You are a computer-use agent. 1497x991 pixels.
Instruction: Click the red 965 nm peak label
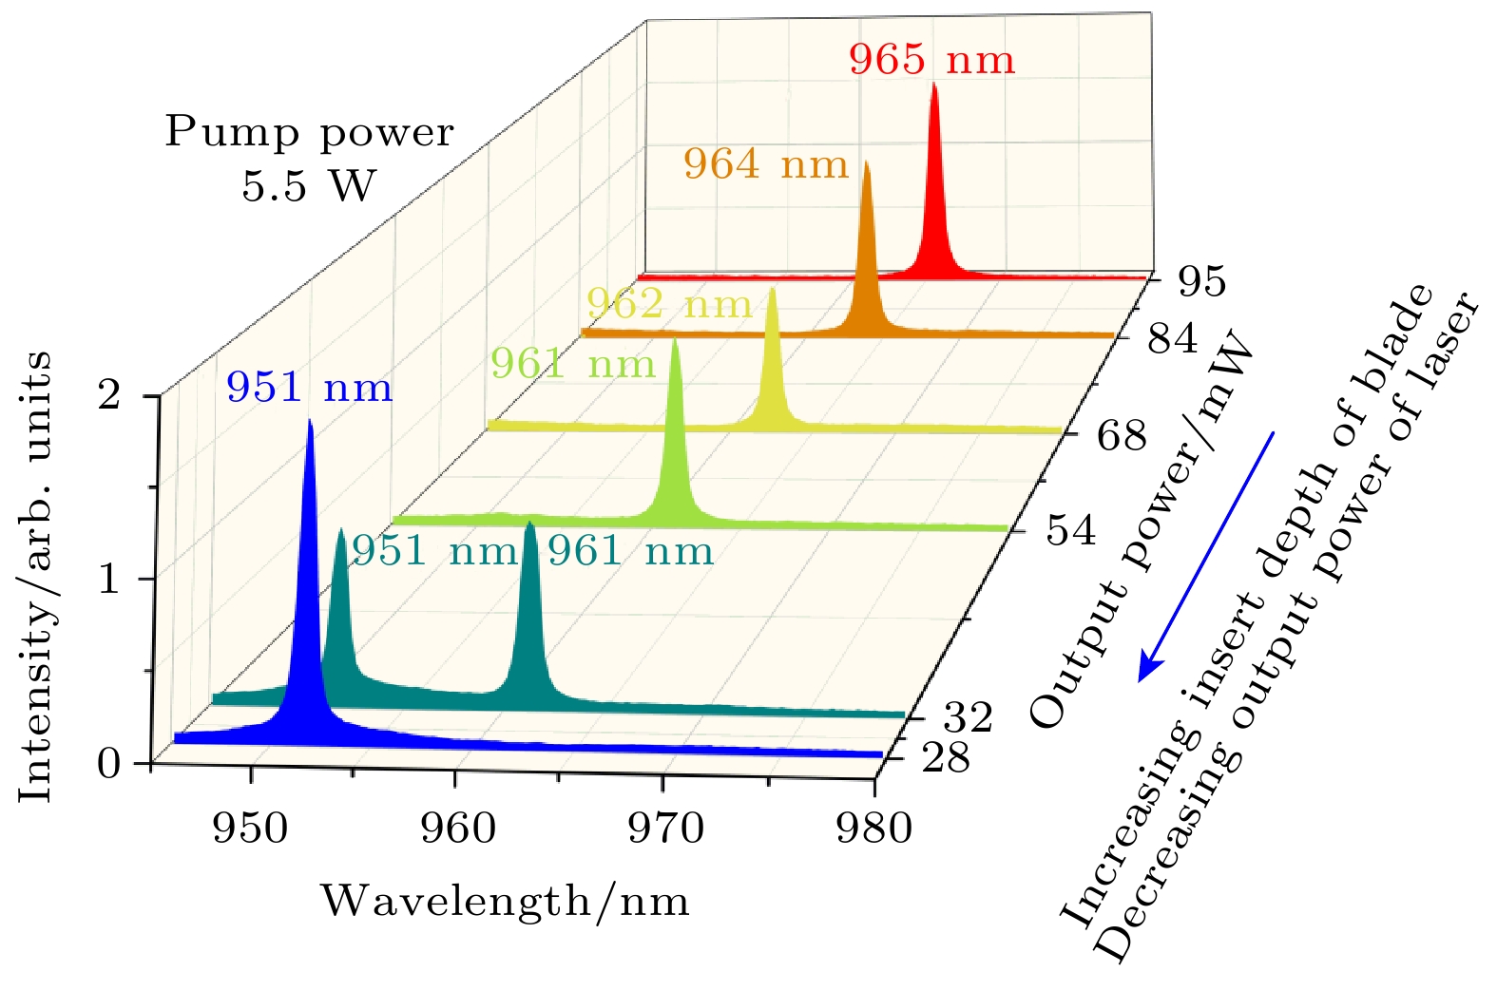(931, 60)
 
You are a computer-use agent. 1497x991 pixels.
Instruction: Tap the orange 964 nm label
(765, 164)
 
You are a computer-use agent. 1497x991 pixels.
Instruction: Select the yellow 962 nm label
(669, 304)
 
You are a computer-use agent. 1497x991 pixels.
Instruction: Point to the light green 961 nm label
(572, 364)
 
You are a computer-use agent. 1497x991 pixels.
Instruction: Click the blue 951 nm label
(309, 388)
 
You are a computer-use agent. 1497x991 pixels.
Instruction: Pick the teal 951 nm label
(434, 551)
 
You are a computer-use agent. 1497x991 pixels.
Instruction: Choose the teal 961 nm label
(630, 551)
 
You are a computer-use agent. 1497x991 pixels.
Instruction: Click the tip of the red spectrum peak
(933, 85)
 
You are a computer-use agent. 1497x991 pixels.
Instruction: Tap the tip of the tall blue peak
(310, 421)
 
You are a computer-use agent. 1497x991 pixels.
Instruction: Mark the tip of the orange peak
(866, 162)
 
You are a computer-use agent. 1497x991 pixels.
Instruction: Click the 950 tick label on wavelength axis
(250, 829)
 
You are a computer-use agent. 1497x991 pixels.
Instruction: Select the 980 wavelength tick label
(873, 829)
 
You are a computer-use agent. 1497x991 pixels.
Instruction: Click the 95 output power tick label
(1201, 281)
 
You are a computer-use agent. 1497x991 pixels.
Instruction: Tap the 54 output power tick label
(1071, 530)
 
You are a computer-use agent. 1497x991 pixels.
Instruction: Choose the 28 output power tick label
(946, 758)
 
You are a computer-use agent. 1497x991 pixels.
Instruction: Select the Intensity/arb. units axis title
(35, 576)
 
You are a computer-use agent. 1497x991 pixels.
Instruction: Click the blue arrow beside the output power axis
(1205, 557)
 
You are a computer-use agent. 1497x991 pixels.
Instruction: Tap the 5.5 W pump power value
(309, 185)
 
